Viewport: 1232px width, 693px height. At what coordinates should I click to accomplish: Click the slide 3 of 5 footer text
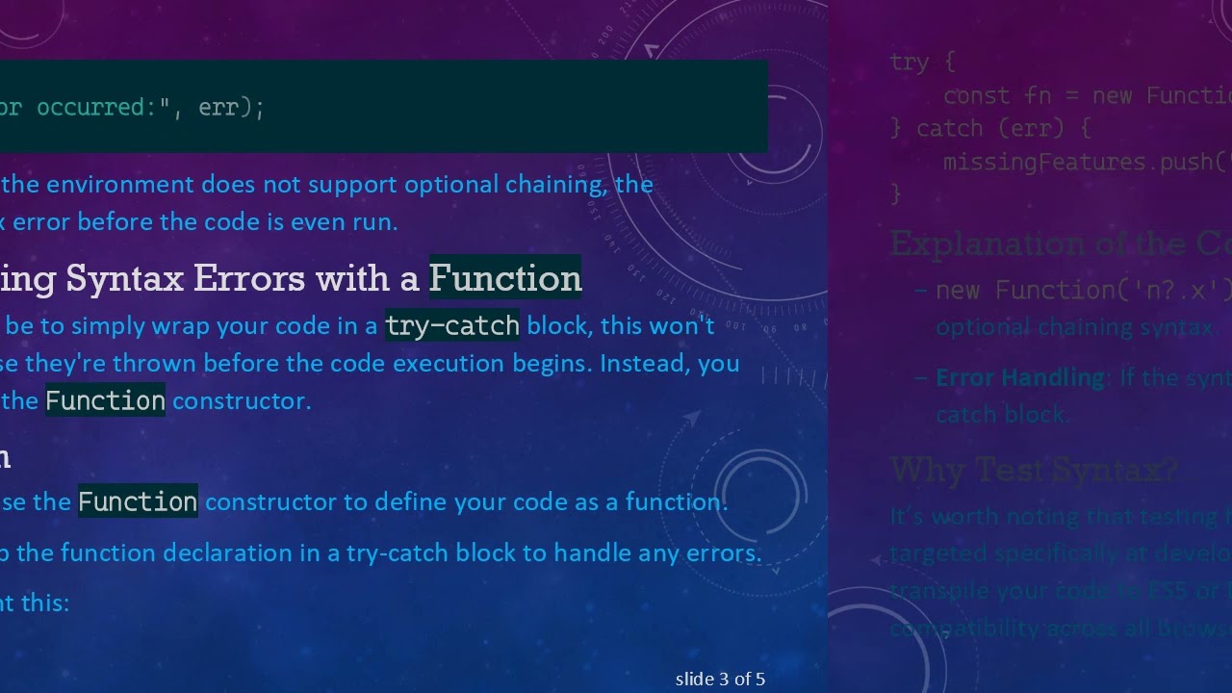tap(720, 680)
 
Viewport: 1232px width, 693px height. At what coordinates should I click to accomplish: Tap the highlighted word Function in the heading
tap(504, 278)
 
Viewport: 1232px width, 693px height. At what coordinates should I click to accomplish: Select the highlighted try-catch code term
tap(451, 326)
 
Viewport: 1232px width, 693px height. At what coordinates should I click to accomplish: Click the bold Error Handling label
tap(1020, 377)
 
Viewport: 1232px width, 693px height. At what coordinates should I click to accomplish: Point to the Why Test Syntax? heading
tap(1034, 470)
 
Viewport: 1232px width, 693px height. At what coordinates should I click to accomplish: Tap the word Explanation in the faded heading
tap(987, 244)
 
